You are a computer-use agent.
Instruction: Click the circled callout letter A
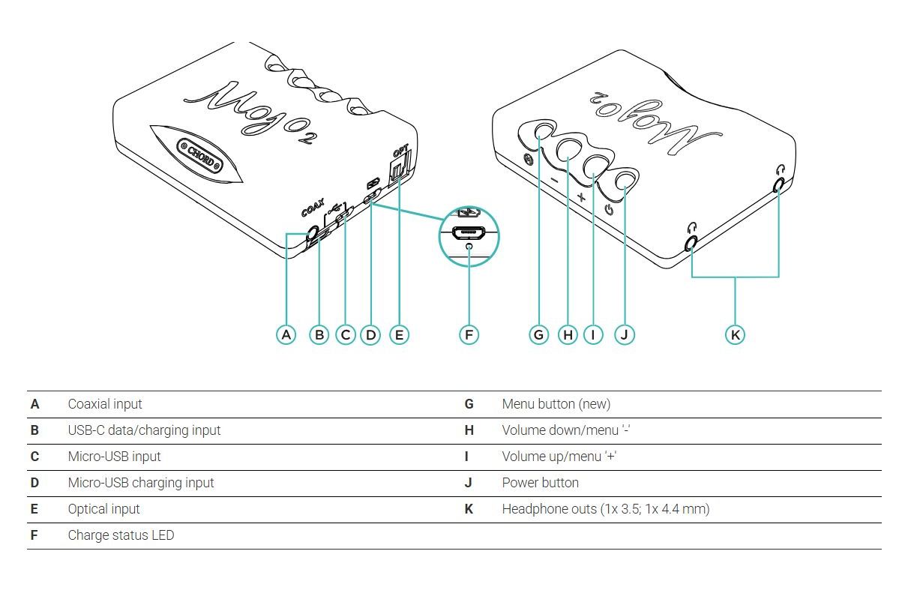(x=286, y=334)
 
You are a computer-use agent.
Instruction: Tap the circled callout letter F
(x=469, y=334)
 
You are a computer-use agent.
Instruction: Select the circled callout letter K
(x=736, y=334)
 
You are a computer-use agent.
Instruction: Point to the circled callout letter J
(x=625, y=334)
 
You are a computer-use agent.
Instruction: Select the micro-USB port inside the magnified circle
(x=469, y=232)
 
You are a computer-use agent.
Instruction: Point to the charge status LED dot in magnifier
(x=469, y=246)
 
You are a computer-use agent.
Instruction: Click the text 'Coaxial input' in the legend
(x=105, y=404)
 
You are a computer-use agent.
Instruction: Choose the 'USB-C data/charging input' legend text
(x=144, y=430)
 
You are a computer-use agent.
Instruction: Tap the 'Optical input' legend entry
(x=103, y=509)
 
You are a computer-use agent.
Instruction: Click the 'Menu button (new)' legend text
(x=556, y=404)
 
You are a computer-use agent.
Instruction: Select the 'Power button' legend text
(x=540, y=483)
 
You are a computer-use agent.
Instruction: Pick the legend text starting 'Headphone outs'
(x=605, y=509)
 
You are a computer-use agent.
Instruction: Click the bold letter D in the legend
(x=34, y=483)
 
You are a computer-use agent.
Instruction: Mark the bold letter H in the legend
(x=469, y=430)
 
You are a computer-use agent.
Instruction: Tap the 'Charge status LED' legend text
(x=121, y=535)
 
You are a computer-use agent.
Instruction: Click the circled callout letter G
(x=538, y=334)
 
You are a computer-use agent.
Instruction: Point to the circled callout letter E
(x=399, y=334)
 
